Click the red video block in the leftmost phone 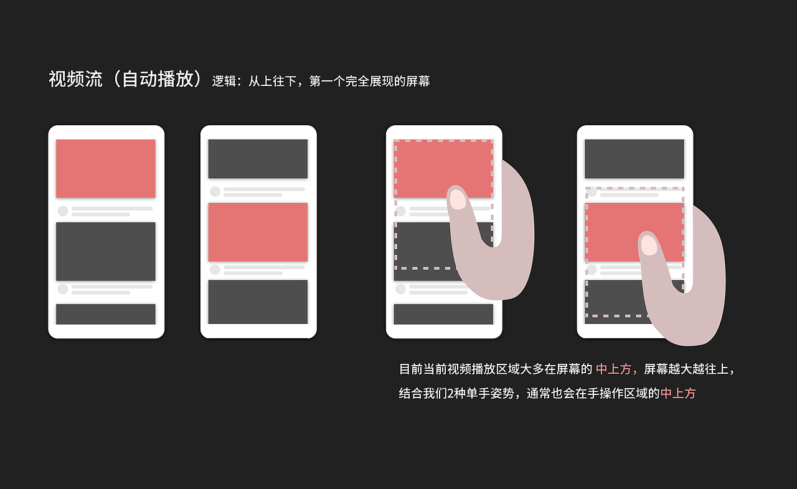pos(106,169)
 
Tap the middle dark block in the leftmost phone pos(106,252)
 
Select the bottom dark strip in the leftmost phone pos(106,314)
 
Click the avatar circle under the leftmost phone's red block pos(63,211)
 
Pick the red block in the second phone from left pos(258,232)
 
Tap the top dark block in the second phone pos(258,159)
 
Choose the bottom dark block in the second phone pos(258,302)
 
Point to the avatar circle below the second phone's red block pos(215,270)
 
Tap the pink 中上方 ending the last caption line pos(678,394)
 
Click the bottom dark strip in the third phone pos(443,314)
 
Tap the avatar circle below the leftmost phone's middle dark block pos(63,289)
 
